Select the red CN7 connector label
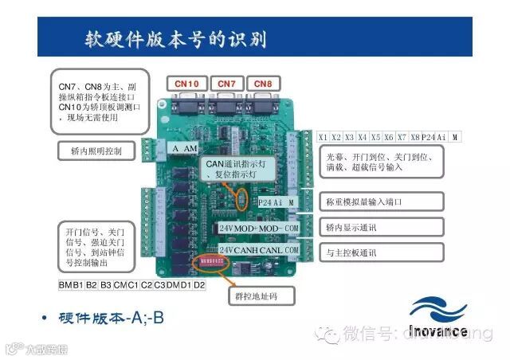(227, 83)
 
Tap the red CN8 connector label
(262, 83)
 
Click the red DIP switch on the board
(210, 259)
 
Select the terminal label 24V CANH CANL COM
(260, 250)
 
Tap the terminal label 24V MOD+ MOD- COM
(260, 228)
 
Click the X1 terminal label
(323, 137)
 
